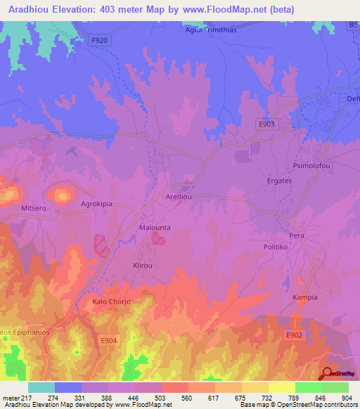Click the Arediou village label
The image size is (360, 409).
click(179, 198)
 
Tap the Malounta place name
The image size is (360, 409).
click(155, 228)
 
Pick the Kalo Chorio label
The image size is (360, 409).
click(112, 301)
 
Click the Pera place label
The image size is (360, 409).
click(297, 235)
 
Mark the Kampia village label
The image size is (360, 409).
click(305, 297)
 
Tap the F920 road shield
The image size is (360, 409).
click(99, 41)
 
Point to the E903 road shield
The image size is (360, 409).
click(266, 124)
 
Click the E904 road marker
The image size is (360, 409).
click(108, 341)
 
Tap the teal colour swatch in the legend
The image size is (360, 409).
click(41, 387)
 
